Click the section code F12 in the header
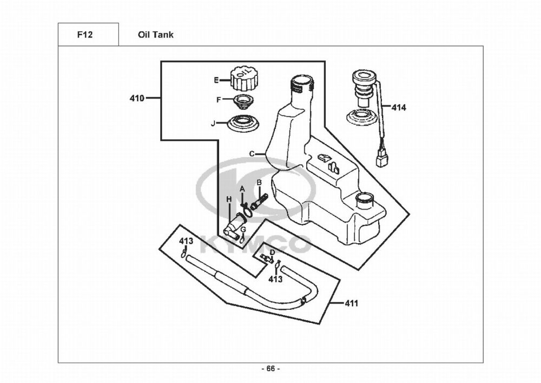pos(85,35)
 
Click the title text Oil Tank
pos(156,35)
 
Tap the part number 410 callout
pos(137,99)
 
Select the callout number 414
pos(399,108)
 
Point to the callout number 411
pos(352,303)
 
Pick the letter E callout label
pos(216,80)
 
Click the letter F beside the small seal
pos(219,100)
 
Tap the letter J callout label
pos(213,124)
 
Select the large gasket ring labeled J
pos(242,123)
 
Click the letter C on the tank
pos(252,154)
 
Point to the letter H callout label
pos(229,199)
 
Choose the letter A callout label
pos(242,188)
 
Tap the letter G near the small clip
pos(243,230)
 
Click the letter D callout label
pos(272,252)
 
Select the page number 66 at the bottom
pos(270,369)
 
